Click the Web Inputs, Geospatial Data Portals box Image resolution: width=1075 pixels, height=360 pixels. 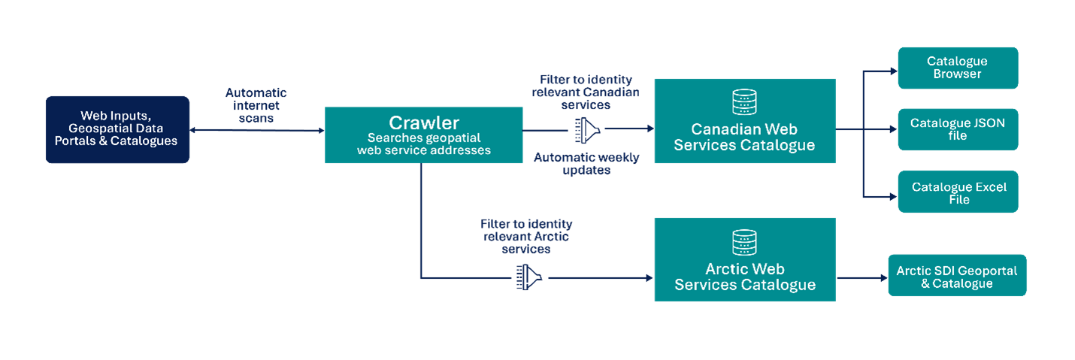coord(117,129)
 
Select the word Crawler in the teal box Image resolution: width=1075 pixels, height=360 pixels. coord(423,123)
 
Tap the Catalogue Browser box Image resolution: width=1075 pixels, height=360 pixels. coord(957,68)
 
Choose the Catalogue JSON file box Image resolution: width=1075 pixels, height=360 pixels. coord(957,129)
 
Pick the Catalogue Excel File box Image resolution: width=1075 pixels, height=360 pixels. coord(958,192)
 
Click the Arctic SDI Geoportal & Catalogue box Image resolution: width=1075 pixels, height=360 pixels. coord(956,276)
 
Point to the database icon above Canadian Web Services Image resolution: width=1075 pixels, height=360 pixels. coord(743,101)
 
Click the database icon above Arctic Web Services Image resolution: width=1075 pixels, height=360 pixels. coord(743,242)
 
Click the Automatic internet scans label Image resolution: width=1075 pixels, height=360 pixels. coord(256,105)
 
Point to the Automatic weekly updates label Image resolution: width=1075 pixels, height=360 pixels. coord(586,164)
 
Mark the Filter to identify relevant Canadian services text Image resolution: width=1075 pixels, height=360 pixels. coord(586,92)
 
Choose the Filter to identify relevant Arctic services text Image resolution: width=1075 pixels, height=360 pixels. coord(526,236)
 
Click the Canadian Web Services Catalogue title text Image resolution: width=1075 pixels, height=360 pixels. coord(743,137)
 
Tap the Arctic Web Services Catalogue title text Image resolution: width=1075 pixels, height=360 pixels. coord(744,277)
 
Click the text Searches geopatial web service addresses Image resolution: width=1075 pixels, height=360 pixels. coord(423,144)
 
